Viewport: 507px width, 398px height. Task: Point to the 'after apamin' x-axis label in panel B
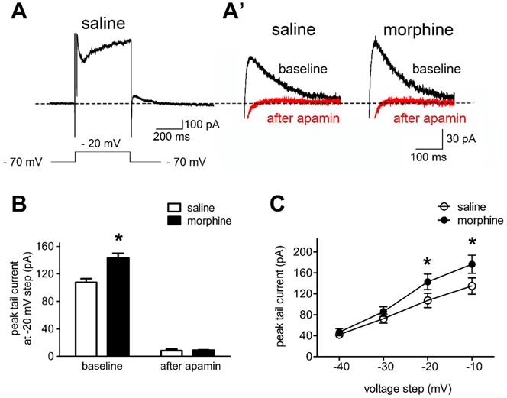pyautogui.click(x=178, y=368)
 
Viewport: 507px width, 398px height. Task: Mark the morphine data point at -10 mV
pyautogui.click(x=471, y=265)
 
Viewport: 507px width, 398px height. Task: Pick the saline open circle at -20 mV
pyautogui.click(x=428, y=301)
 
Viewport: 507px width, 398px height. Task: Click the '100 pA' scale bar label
pyautogui.click(x=201, y=123)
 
